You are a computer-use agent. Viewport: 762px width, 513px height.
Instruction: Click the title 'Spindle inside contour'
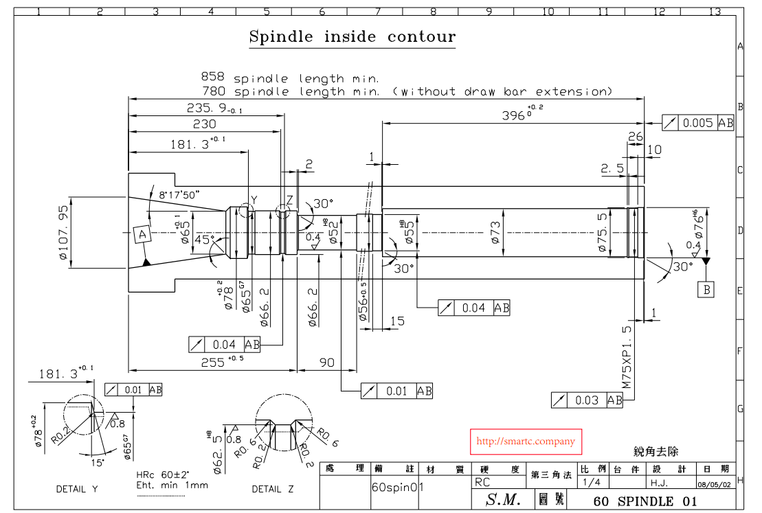pos(352,36)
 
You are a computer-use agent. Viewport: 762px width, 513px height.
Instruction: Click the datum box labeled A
pos(143,235)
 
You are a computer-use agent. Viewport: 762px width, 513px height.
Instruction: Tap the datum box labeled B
pos(706,290)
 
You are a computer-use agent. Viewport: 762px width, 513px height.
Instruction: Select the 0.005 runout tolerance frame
pos(698,123)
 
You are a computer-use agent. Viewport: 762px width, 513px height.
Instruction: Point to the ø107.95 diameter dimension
pos(65,233)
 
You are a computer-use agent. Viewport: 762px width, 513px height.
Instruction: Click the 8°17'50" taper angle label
pos(179,194)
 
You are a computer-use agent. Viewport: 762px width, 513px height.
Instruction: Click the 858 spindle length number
pos(212,78)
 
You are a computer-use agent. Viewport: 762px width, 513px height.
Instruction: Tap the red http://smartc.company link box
pos(526,442)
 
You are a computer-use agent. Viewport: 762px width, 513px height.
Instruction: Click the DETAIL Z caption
pos(272,489)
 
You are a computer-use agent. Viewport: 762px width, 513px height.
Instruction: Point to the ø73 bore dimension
pos(495,233)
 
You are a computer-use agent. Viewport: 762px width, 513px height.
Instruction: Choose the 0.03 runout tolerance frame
pos(587,400)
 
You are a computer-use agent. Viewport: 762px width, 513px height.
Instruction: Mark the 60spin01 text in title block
pos(397,487)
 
